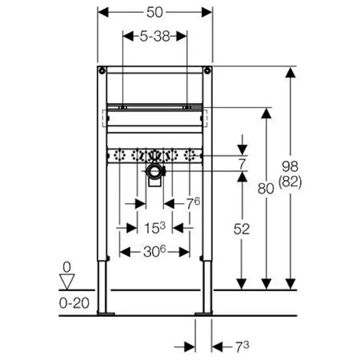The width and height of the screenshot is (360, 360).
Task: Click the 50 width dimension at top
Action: [155, 12]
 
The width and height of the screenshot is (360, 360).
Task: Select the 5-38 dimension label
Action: [155, 37]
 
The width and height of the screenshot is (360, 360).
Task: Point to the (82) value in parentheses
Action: [290, 182]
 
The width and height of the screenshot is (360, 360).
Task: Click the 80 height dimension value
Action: [266, 188]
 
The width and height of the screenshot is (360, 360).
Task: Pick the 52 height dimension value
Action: [242, 229]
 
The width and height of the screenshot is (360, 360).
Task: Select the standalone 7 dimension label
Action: [242, 164]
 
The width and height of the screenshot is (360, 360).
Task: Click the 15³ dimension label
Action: [155, 227]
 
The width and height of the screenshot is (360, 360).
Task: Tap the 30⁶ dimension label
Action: [155, 252]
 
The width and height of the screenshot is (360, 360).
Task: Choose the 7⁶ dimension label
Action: [193, 203]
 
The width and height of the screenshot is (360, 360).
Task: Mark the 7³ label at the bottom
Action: [242, 347]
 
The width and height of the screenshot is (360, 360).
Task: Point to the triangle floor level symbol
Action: [67, 281]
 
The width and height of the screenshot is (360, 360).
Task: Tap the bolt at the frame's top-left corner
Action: [101, 70]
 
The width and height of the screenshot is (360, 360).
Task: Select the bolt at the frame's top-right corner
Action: [207, 70]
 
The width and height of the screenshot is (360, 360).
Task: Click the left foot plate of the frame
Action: [106, 313]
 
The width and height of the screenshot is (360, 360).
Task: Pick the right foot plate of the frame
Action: [203, 313]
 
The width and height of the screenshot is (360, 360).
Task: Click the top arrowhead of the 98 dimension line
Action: [290, 72]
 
